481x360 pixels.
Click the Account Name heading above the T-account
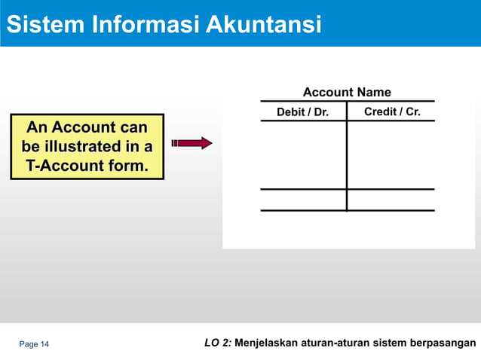(x=347, y=93)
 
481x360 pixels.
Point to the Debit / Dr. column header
(x=302, y=113)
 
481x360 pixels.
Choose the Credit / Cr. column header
(x=392, y=112)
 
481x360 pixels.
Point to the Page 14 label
(x=34, y=345)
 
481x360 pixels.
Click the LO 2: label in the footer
(x=218, y=344)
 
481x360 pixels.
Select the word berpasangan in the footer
(x=444, y=344)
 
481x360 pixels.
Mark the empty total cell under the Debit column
(x=303, y=200)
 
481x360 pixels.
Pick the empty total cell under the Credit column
(x=391, y=200)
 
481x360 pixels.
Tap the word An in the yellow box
(x=37, y=127)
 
